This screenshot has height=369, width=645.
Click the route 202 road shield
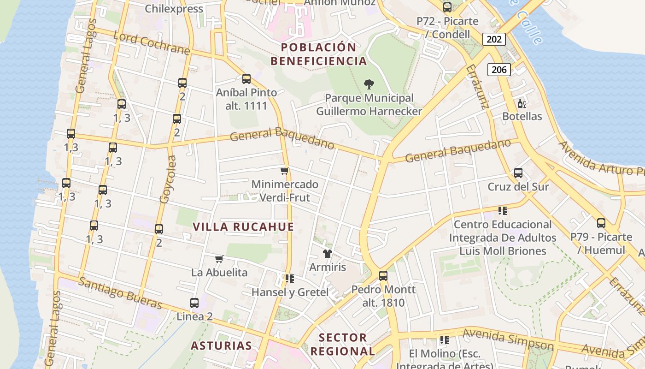[x=494, y=39]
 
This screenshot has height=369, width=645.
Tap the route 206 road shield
[x=498, y=70]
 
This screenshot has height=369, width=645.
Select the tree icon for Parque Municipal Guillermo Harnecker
[x=369, y=84]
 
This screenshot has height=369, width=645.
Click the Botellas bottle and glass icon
[x=522, y=103]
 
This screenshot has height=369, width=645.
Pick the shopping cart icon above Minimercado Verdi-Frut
[x=285, y=171]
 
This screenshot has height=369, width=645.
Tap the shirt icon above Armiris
[x=328, y=253]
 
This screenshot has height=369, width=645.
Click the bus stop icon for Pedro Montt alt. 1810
[x=383, y=276]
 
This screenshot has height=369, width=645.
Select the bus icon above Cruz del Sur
[x=518, y=173]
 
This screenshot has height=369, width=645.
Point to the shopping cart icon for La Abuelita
[x=219, y=259]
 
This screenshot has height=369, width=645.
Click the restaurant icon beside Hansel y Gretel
[x=289, y=278]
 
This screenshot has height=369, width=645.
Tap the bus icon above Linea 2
[x=194, y=303]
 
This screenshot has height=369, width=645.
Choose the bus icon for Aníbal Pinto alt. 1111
[x=246, y=79]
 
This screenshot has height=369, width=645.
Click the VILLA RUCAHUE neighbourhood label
[x=243, y=227]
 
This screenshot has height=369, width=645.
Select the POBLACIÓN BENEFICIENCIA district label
[x=318, y=54]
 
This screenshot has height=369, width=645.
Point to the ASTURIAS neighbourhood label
[x=221, y=346]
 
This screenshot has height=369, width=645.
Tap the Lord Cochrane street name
[x=151, y=43]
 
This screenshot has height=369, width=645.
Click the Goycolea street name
[x=168, y=179]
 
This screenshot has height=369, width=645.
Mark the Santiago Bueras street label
[x=120, y=293]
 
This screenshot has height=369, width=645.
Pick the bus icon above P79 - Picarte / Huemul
[x=601, y=223]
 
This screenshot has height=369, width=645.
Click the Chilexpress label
[x=174, y=9]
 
